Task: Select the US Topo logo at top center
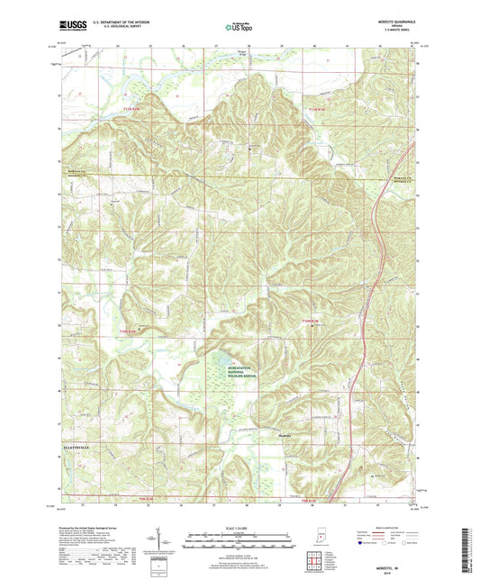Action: click(239, 27)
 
